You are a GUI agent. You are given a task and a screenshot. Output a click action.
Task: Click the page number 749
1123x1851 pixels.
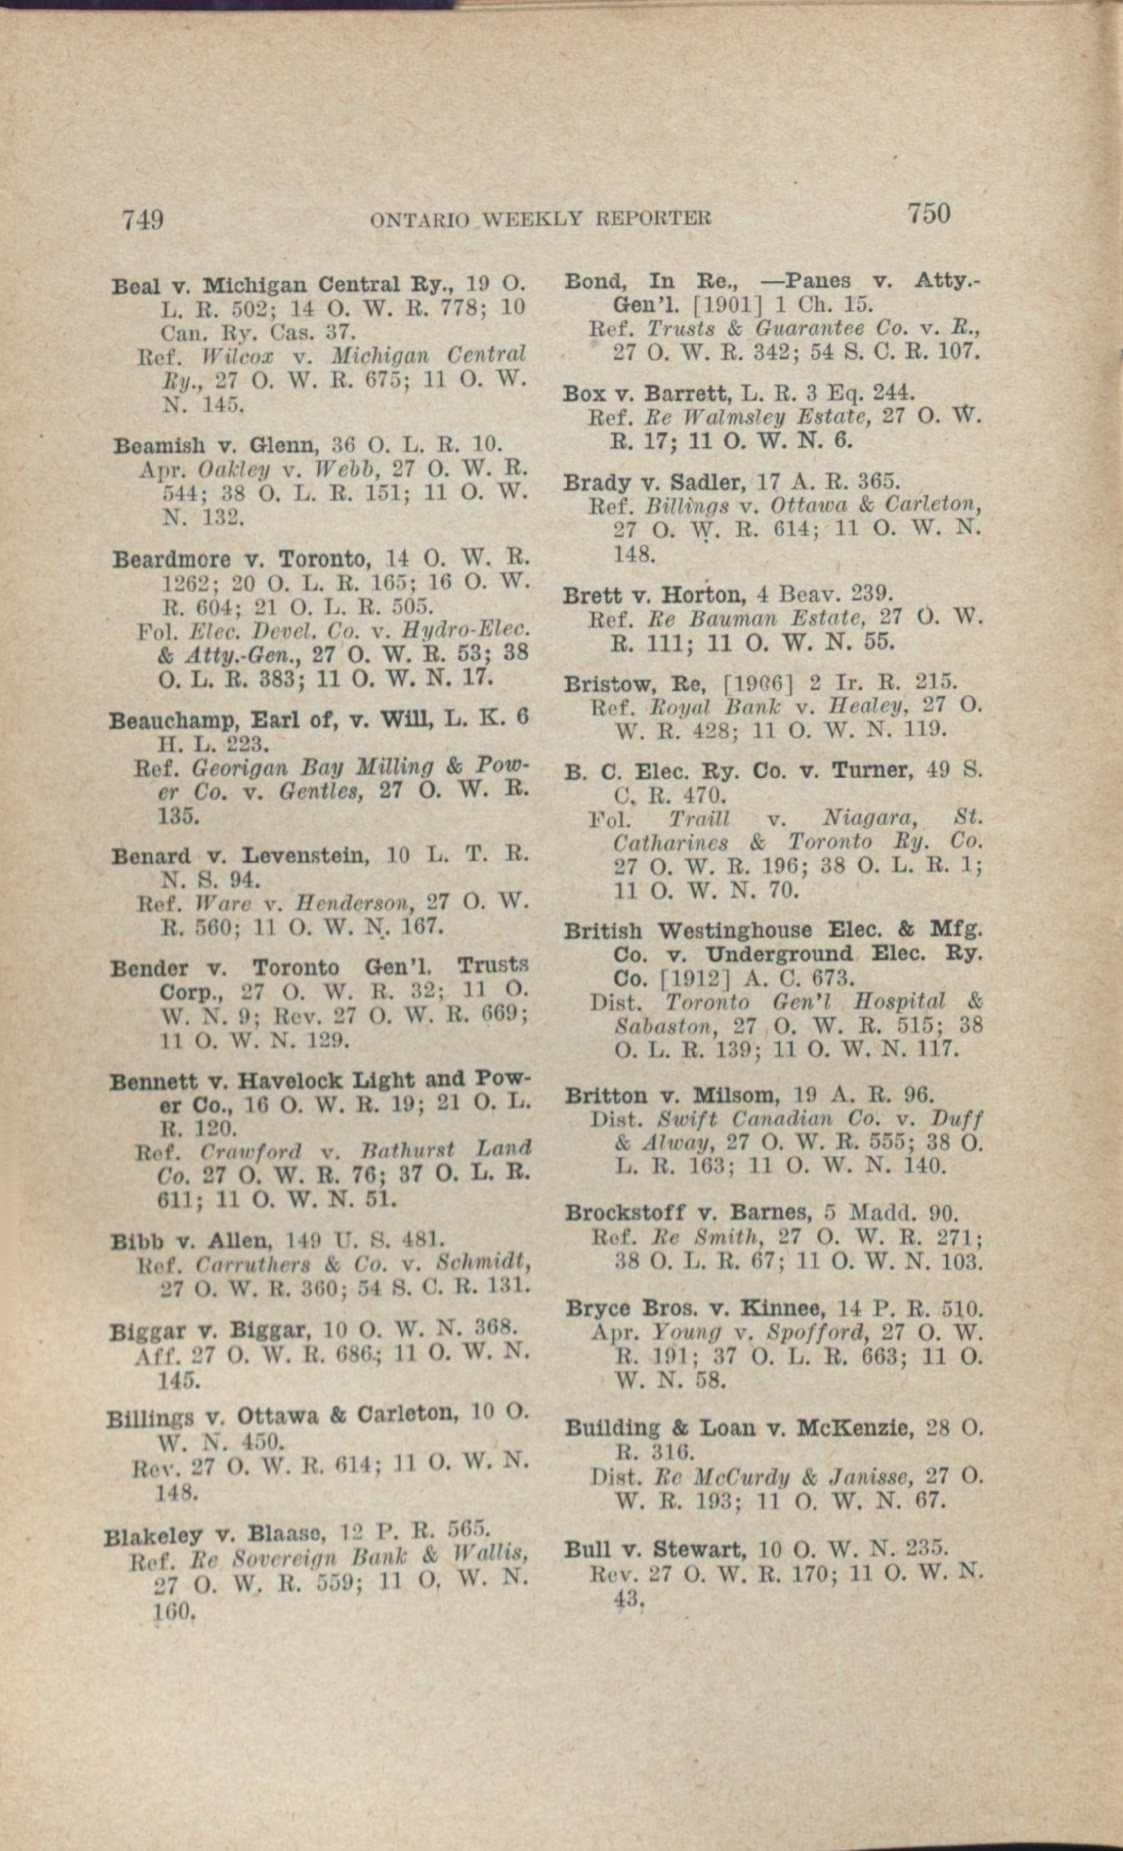pos(143,220)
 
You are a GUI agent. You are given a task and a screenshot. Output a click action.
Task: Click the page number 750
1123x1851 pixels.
pos(928,213)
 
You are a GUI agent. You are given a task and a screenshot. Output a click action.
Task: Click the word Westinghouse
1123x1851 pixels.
pos(736,931)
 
